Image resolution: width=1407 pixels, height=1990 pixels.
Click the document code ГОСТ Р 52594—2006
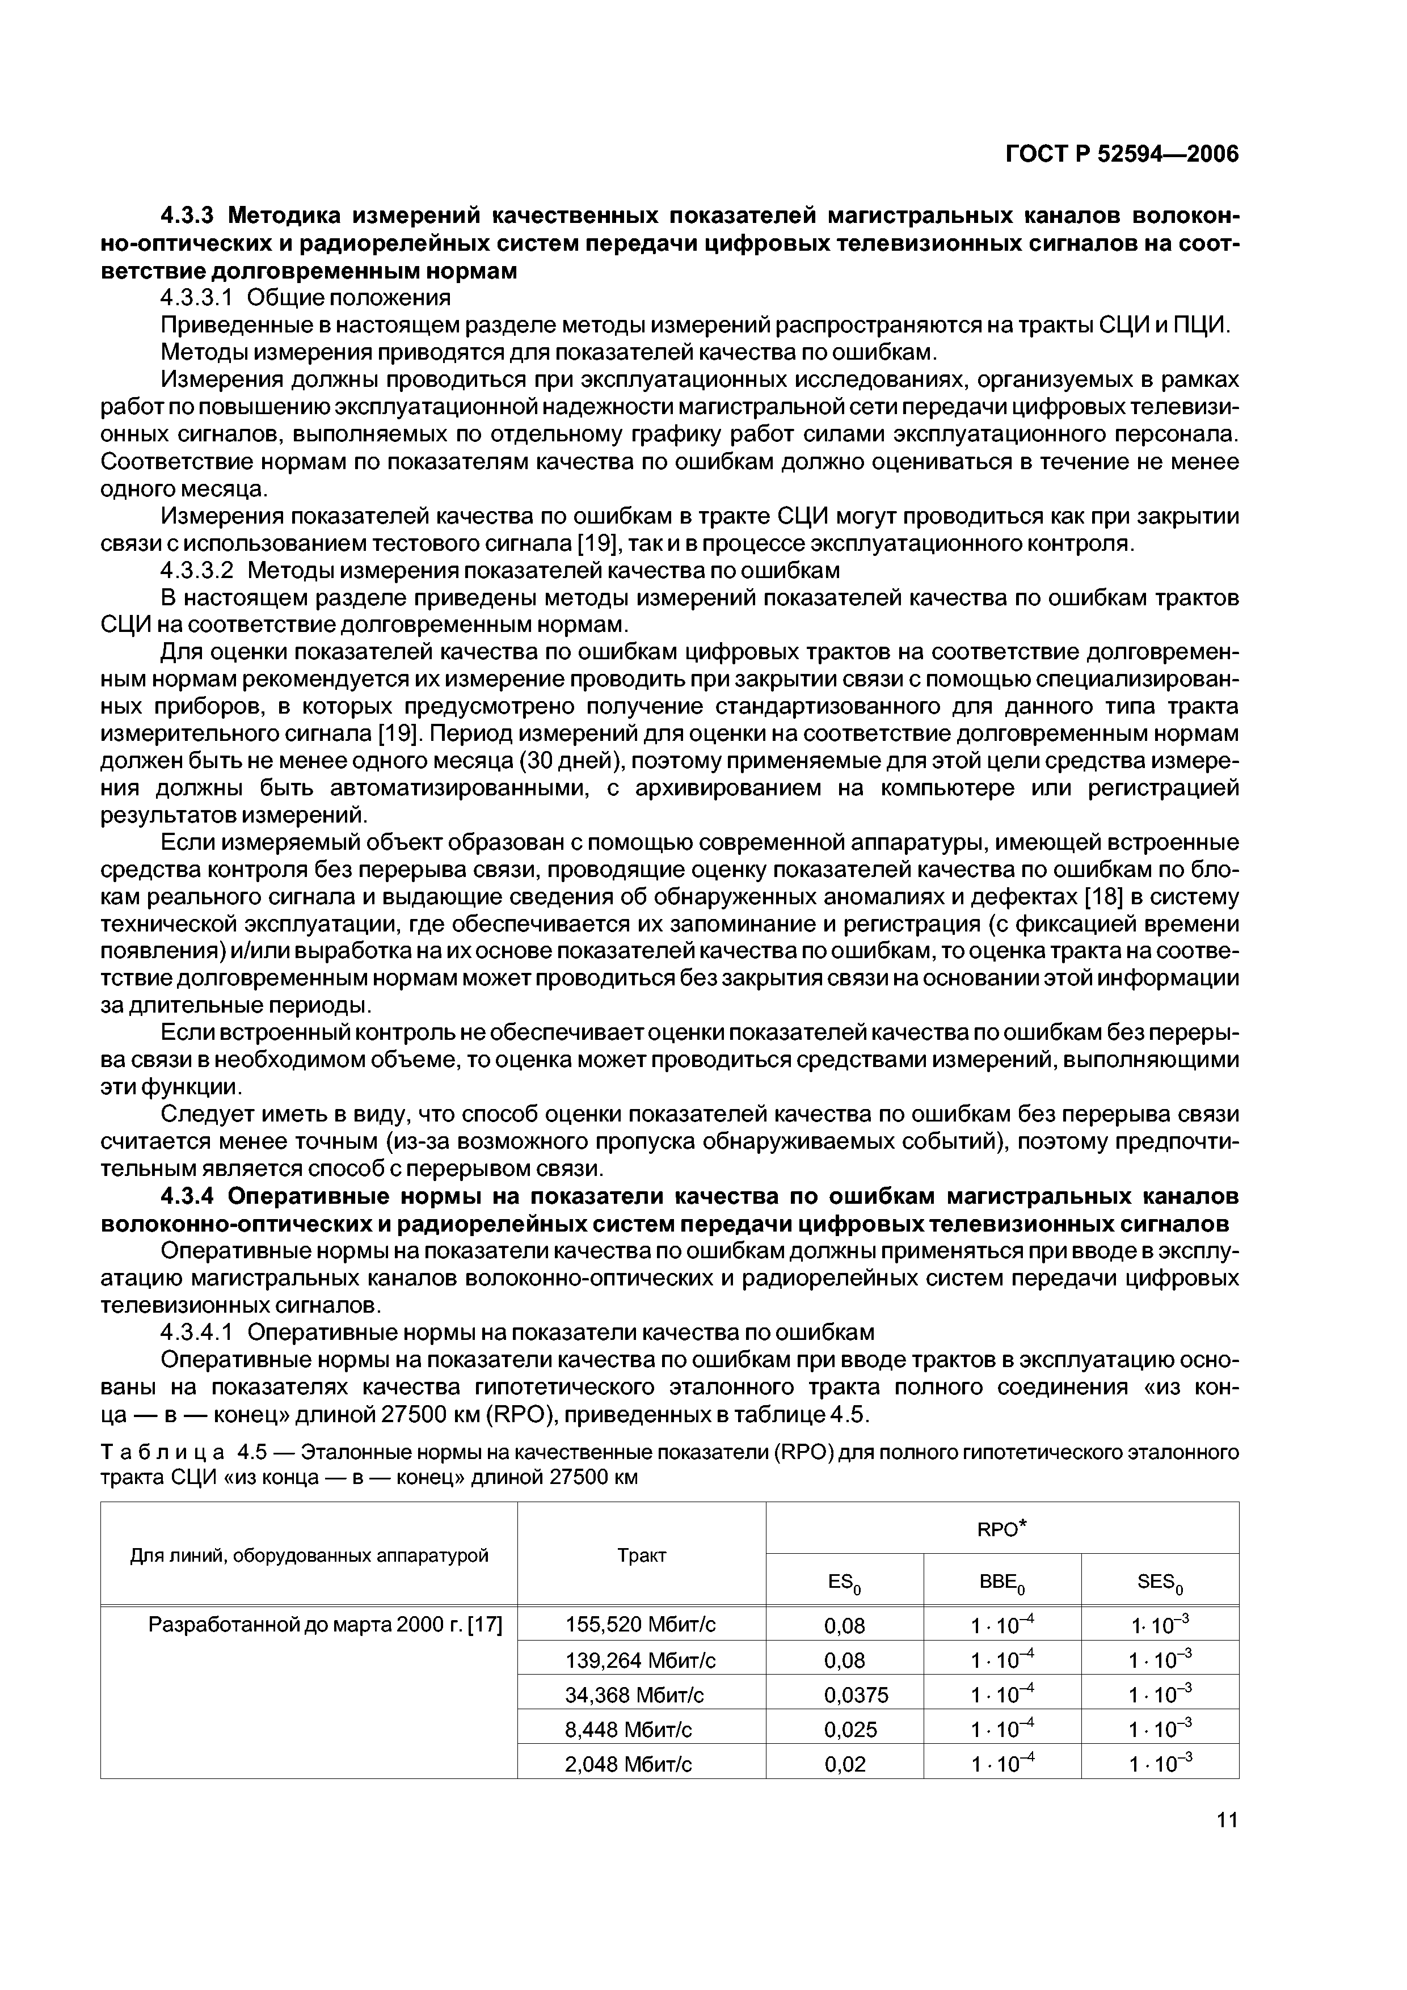pyautogui.click(x=1122, y=154)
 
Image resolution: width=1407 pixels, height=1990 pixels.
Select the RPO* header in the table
pyautogui.click(x=1001, y=1530)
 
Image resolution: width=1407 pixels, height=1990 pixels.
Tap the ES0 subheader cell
pyautogui.click(x=844, y=1583)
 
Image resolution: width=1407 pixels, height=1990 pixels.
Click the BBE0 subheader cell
pyautogui.click(x=1001, y=1583)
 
